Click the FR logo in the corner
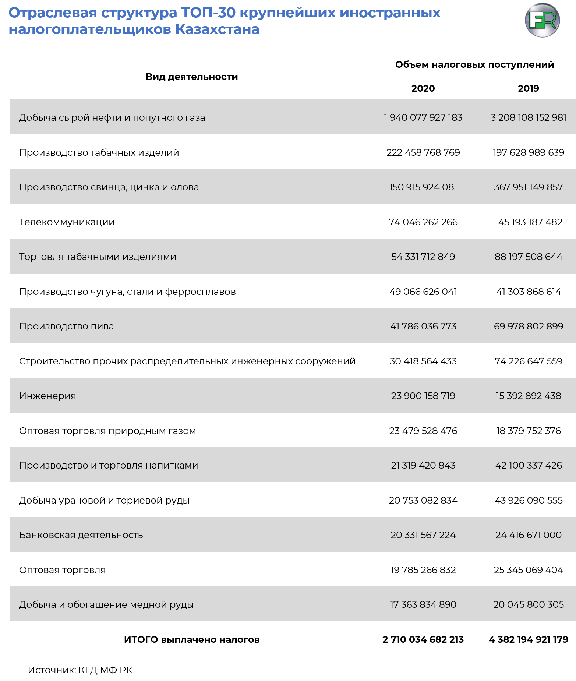pos(542,20)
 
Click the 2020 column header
pos(423,88)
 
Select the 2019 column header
pos(528,88)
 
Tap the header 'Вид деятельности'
pos(192,77)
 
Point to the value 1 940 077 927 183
pos(423,117)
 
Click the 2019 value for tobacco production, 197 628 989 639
pos(528,152)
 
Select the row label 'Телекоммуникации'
pos(67,222)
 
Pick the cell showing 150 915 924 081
pos(423,187)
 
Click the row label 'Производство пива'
pos(67,326)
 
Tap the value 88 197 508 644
pos(528,257)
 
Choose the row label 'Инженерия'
pos(47,396)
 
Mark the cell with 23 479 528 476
pos(423,431)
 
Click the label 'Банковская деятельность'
pos(81,535)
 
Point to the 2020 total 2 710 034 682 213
pos(423,639)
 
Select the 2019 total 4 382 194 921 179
pos(528,639)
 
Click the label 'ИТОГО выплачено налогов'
pos(192,639)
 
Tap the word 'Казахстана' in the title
pos(217,29)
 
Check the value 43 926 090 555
pos(528,500)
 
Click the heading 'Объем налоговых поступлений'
pos(474,64)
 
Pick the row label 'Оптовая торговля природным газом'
pos(107,431)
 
